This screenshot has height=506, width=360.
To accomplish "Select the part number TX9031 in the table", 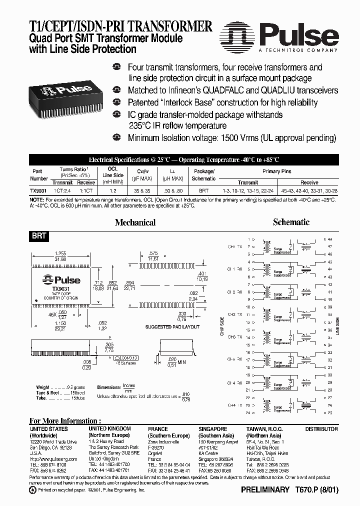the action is [x=39, y=190].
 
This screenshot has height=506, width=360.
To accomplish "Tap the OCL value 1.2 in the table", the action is [x=113, y=190].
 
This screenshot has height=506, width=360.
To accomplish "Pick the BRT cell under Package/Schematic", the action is [x=203, y=190].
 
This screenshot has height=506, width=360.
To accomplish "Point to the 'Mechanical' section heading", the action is [x=135, y=222].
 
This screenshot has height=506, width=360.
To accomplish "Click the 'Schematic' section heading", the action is [x=291, y=222].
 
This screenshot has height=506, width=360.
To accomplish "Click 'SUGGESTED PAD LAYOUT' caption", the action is [x=172, y=326].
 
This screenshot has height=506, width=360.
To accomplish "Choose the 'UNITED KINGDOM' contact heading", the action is [x=109, y=428].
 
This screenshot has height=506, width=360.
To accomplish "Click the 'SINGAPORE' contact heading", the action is [x=212, y=428].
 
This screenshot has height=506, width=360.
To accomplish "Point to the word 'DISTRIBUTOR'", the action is [x=321, y=429].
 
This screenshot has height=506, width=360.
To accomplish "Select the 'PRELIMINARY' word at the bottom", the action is [x=265, y=490].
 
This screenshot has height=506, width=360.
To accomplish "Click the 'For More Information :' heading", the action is [x=65, y=420].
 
